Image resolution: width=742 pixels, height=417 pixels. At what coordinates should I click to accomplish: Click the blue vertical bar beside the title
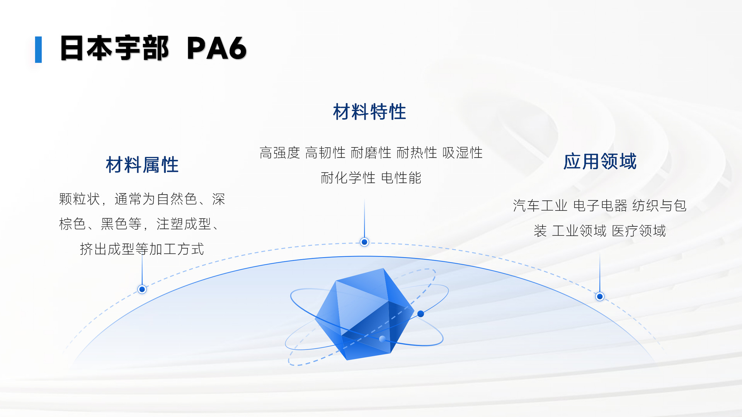38,49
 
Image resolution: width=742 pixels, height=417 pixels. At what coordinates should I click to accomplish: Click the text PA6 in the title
216,48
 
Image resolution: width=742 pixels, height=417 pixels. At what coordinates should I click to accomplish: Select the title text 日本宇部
114,48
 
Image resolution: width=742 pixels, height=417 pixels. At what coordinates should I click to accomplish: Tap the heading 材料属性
142,165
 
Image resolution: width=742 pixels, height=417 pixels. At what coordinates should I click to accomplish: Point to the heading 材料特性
369,112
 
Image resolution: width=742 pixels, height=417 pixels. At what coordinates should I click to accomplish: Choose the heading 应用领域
600,161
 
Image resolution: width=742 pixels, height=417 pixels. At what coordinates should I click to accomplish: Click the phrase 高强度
280,153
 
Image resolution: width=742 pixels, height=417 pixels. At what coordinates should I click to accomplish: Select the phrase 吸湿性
462,153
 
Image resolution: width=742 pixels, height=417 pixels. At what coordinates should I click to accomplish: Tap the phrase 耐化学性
348,178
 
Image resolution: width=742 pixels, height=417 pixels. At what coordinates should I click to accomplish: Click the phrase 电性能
401,178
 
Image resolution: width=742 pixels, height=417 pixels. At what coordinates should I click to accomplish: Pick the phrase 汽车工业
540,206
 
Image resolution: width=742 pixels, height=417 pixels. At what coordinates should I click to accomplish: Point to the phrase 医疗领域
639,231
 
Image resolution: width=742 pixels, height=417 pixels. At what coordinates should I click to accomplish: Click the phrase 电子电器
600,206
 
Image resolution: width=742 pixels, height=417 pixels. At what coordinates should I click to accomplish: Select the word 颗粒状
80,199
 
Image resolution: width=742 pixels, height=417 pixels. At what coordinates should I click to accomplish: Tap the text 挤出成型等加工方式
142,249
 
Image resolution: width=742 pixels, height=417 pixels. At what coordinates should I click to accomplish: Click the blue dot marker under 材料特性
364,242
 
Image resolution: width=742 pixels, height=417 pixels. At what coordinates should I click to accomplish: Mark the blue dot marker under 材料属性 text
142,289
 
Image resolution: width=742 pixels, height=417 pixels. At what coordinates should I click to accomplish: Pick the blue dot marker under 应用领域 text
600,297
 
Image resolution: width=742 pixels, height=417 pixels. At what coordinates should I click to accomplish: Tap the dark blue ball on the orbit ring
421,314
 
